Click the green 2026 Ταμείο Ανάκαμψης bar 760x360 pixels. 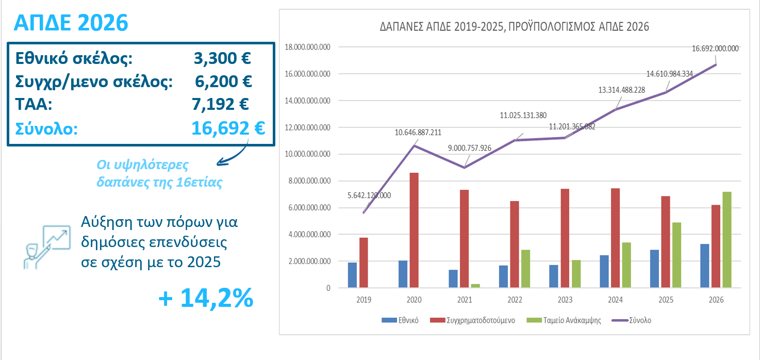pos(726,240)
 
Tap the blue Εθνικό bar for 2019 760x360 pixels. pos(353,275)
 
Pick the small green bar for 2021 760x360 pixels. pos(475,285)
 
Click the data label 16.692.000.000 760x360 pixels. pos(715,49)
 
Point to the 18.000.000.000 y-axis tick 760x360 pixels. pos(307,47)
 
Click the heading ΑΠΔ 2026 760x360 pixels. pos(70,23)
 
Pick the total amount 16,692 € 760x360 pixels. pos(228,127)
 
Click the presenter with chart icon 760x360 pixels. pos(47,247)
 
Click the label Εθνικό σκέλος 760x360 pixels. pos(74,58)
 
